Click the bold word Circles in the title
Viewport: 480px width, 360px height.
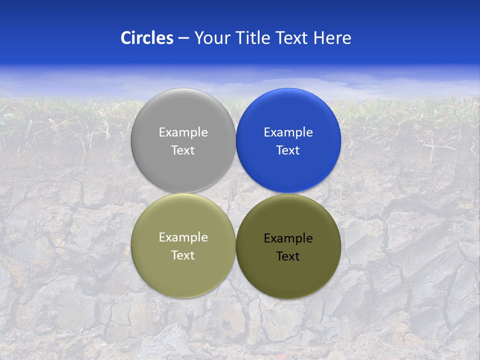[146, 38]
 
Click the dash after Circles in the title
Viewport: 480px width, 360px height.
[183, 38]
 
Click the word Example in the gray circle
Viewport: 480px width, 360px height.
[183, 132]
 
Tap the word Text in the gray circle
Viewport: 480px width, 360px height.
[183, 150]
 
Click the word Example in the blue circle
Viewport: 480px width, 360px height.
[288, 132]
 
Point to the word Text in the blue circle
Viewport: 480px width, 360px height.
[288, 150]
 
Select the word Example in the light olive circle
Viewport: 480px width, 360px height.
[183, 237]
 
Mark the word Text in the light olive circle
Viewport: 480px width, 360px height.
[183, 255]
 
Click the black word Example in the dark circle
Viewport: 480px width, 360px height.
[288, 238]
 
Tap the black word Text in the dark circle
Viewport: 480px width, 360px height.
[288, 256]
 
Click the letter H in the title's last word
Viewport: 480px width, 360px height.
[318, 38]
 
